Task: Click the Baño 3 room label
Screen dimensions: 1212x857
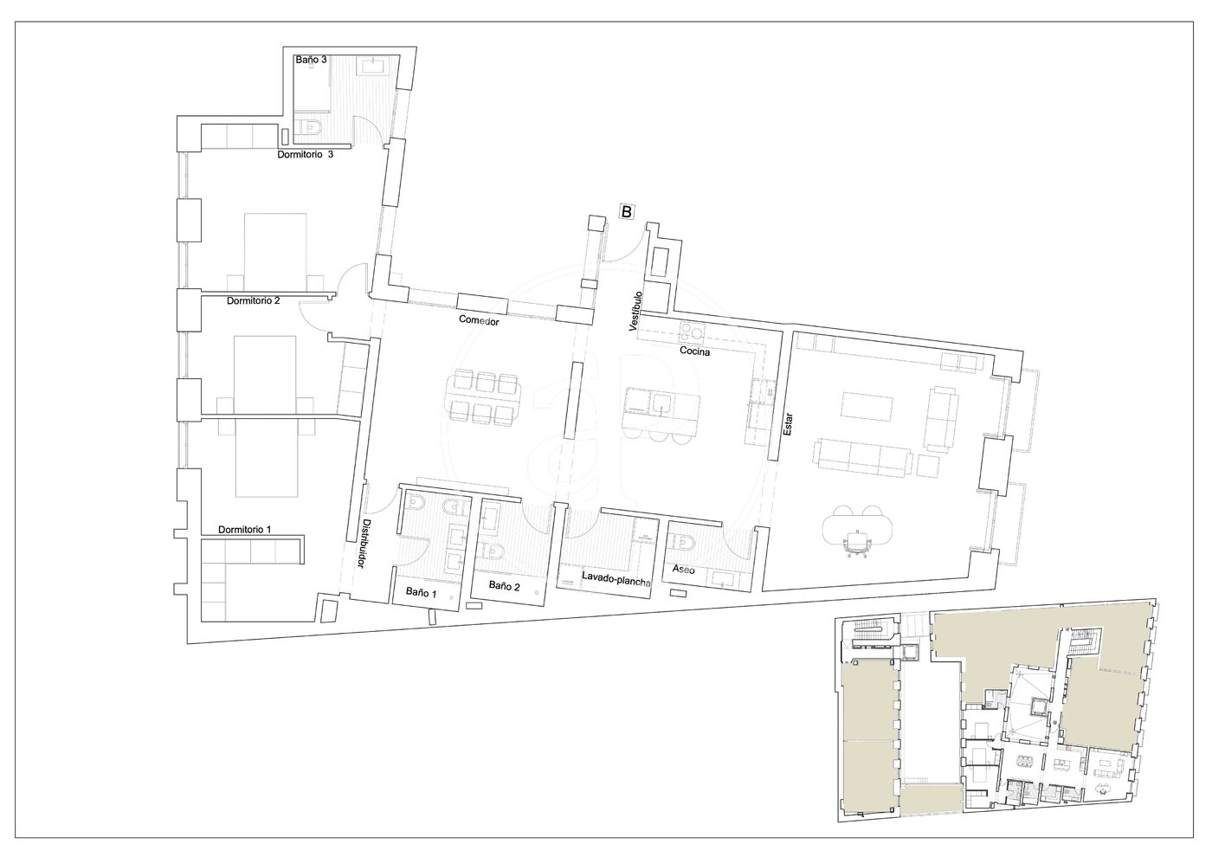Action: tap(311, 60)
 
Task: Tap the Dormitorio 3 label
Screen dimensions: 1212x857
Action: tap(305, 154)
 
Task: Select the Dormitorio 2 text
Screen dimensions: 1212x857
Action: tap(253, 300)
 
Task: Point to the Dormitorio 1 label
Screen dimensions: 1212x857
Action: tap(244, 529)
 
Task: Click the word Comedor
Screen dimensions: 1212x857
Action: tap(479, 320)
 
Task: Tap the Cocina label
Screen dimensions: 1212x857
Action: tap(694, 351)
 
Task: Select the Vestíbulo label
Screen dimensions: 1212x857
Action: tap(635, 311)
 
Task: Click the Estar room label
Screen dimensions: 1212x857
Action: tap(788, 424)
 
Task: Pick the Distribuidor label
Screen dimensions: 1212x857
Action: tap(365, 544)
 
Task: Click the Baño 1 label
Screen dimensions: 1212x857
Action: tap(422, 592)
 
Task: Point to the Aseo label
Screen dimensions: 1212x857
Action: tap(683, 570)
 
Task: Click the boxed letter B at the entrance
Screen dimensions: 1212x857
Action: tap(627, 211)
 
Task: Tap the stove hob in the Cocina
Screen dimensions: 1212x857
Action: tap(692, 332)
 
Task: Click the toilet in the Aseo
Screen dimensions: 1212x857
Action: tap(685, 542)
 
